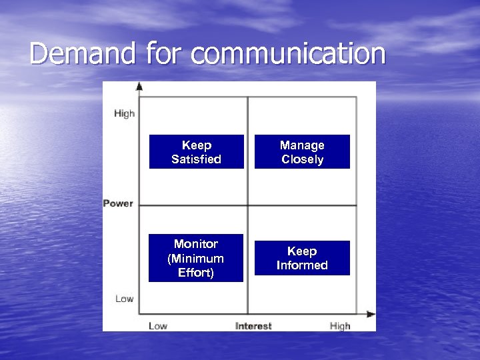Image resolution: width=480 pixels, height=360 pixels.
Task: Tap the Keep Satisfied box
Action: [196, 152]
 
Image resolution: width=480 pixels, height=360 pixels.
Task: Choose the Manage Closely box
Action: [302, 152]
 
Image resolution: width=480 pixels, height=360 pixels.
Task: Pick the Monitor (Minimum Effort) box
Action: [195, 258]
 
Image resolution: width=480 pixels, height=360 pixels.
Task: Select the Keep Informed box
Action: [302, 258]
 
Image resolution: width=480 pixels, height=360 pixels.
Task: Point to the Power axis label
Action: [118, 203]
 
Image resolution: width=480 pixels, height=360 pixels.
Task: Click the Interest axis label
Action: [253, 326]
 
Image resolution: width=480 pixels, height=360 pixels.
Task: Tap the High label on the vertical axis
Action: [124, 113]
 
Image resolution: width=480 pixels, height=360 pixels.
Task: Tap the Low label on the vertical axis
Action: [124, 299]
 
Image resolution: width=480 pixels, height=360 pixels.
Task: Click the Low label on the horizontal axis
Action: [158, 326]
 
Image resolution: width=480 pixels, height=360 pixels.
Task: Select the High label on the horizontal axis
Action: [339, 326]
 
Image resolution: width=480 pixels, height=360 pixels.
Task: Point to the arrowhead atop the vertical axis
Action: [139, 86]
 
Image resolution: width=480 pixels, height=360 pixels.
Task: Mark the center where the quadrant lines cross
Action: [248, 205]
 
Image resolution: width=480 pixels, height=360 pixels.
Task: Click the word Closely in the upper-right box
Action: [302, 159]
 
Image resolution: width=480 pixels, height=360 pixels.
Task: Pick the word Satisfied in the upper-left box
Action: [196, 159]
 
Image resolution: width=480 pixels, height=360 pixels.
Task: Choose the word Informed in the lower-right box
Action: [302, 265]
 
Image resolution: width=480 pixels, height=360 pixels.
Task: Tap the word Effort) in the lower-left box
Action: [195, 273]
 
